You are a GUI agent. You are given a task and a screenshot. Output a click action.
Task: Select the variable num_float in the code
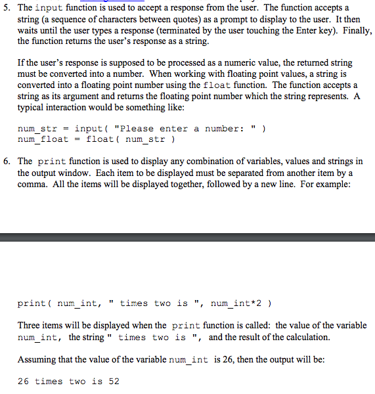tap(43, 139)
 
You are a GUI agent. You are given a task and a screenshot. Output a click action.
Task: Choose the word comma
tap(32, 183)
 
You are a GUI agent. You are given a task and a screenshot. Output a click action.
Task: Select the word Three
tap(30, 326)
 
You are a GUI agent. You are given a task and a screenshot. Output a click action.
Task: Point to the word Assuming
tap(37, 359)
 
